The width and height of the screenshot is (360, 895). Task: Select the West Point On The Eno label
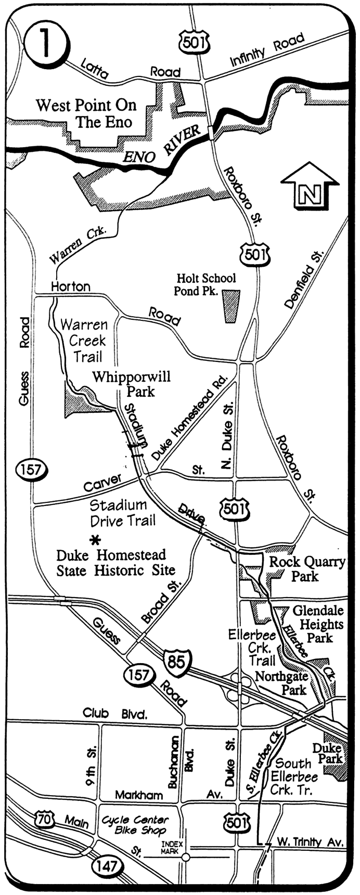[86, 113]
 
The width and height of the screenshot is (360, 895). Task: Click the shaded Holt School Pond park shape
[230, 306]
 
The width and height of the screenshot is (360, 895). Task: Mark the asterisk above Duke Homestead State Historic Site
[95, 540]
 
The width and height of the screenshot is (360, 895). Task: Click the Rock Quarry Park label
[307, 568]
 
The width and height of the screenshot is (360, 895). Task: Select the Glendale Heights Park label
[318, 624]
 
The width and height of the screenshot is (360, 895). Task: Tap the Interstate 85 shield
[176, 662]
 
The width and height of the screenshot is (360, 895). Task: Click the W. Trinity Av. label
[310, 841]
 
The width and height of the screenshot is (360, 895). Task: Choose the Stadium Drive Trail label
[122, 512]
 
